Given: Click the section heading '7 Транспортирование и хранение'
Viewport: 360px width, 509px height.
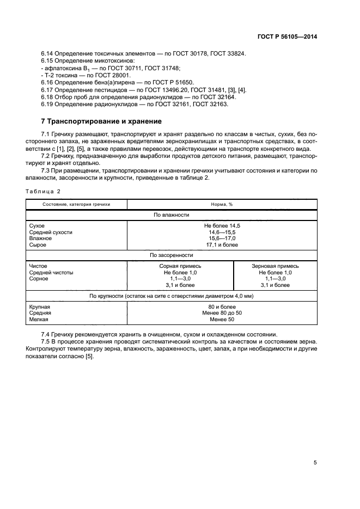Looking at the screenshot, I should click(101, 121).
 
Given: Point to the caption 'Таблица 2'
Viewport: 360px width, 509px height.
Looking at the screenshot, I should click(43, 191).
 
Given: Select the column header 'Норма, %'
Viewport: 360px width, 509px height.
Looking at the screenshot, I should click(222, 204).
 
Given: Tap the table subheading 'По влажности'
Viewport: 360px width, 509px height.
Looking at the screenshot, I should click(172, 215).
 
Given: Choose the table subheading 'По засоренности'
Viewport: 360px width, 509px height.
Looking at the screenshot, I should click(172, 255).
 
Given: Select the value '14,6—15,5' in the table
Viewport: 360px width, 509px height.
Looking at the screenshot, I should click(222, 232).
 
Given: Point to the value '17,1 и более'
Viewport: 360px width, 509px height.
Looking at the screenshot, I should click(222, 245).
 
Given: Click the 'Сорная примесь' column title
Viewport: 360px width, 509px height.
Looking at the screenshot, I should click(180, 266).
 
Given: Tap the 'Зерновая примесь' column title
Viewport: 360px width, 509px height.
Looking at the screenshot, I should click(275, 266).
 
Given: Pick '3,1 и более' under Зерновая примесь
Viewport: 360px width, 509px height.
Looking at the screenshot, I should click(275, 285).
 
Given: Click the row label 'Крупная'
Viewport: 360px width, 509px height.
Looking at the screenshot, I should click(40, 306).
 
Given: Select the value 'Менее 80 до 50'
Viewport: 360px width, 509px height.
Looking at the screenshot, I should click(222, 313).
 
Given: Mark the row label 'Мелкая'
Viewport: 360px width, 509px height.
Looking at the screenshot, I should click(39, 320).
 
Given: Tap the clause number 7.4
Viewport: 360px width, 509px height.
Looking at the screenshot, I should click(46, 334).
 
